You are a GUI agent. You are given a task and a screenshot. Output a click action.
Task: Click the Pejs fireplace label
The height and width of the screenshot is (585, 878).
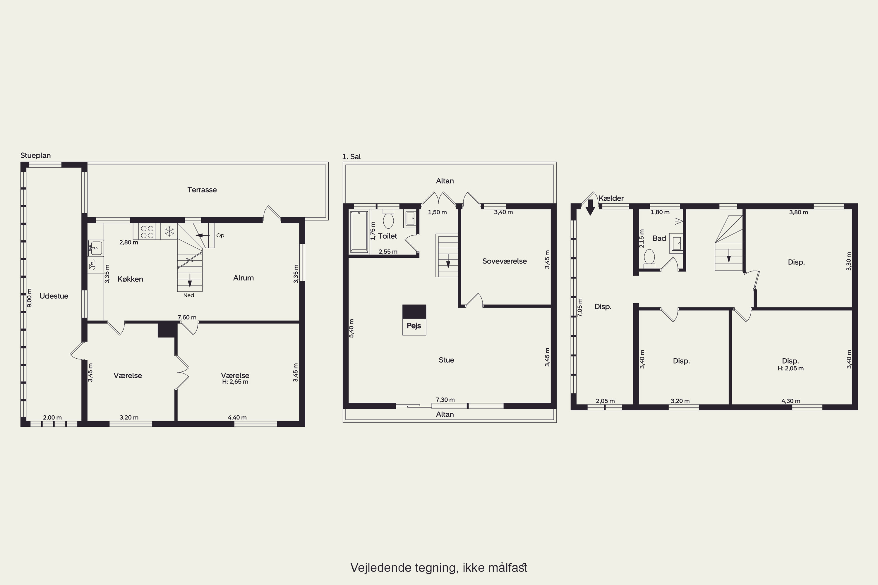pos(414,326)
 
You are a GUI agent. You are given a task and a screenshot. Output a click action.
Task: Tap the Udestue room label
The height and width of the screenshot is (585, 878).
pos(54,296)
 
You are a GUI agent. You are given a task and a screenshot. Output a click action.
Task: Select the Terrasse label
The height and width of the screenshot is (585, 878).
pos(202,190)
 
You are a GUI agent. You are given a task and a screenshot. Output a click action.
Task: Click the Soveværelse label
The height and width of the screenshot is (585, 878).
pos(504,261)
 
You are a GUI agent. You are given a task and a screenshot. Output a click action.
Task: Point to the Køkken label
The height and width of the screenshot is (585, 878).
pos(130,279)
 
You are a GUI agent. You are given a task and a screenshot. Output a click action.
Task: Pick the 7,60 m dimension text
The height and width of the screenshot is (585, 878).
pos(187,317)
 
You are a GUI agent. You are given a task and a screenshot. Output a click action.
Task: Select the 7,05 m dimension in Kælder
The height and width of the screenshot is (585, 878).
pos(580,307)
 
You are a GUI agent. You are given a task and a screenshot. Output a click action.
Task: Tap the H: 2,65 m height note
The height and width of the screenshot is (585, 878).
pos(235,382)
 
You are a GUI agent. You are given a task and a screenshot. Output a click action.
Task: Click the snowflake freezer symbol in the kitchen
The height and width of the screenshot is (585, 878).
pos(169,231)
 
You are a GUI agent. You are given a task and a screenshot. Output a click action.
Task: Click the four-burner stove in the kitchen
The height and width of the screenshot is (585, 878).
pos(147,232)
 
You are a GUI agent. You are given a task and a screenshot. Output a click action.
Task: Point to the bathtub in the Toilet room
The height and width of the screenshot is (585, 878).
pos(359,232)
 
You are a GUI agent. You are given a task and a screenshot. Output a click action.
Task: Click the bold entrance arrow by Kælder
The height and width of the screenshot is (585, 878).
pos(590,207)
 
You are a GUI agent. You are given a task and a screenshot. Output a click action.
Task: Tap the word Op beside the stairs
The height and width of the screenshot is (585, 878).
pos(220,235)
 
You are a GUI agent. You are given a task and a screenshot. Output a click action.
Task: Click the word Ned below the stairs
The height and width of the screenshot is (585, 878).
pos(188,295)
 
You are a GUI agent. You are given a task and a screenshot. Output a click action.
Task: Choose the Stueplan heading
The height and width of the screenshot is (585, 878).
pos(35,156)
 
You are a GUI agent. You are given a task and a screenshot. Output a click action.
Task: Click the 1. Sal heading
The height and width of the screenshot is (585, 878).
pos(351,157)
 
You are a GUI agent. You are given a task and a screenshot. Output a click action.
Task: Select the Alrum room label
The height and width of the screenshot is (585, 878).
pos(243,278)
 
